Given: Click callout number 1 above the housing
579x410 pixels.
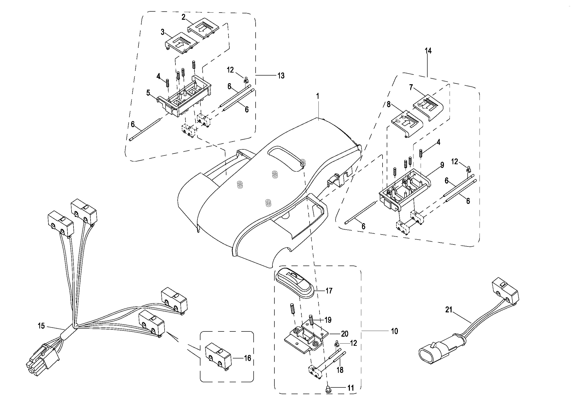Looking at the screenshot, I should coord(318,96).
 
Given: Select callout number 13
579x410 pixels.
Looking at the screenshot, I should coord(281,76).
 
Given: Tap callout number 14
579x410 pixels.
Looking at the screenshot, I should coord(428,51).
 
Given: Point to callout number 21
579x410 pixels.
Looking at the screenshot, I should coord(449,310).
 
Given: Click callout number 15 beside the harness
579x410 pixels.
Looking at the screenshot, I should coord(41,326).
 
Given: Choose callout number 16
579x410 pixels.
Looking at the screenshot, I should coord(247,358).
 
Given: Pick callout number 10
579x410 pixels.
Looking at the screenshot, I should coord(394,331).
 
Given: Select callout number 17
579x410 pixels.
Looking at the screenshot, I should coord(329,291).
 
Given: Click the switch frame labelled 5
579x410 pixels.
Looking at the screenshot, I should coord(184,100).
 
